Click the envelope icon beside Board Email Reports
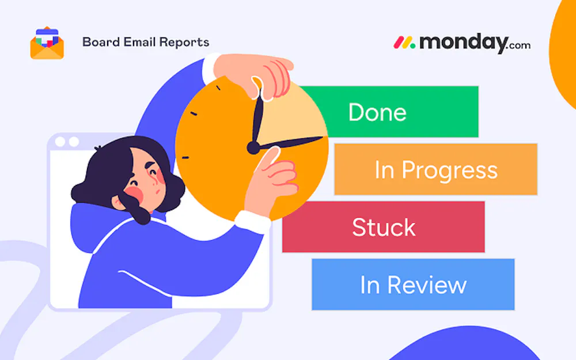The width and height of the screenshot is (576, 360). (47, 43)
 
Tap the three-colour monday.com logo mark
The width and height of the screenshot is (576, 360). (404, 43)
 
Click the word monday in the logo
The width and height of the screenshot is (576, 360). (464, 43)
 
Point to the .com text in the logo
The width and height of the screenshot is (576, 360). (520, 46)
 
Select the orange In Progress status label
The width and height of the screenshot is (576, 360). (435, 169)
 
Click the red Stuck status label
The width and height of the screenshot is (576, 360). (384, 226)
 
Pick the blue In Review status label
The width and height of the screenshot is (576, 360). (413, 285)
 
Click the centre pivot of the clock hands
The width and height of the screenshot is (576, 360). (253, 147)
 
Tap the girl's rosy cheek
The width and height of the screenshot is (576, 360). (134, 194)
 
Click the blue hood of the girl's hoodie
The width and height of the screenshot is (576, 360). (88, 228)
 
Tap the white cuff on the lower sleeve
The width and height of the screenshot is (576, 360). (253, 222)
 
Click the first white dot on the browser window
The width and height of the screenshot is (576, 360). (60, 142)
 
